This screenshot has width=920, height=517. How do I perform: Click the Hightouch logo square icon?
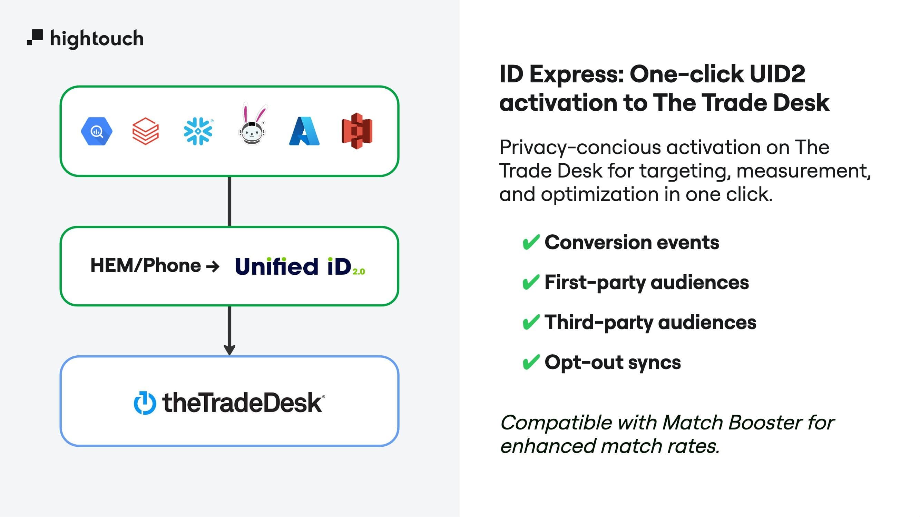35,37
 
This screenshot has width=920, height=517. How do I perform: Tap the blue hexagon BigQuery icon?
96,131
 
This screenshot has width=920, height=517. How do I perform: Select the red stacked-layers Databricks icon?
145,131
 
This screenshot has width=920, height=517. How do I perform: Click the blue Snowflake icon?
198,131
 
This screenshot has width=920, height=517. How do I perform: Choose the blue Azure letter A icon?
304,131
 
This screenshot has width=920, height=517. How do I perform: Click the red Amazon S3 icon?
357,131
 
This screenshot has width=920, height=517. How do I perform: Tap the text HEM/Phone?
145,265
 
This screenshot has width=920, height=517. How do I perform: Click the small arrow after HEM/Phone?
213,266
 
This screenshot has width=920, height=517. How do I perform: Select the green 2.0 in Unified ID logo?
359,272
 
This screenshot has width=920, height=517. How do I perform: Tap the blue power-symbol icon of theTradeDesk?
145,403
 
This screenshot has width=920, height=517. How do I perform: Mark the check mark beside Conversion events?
530,243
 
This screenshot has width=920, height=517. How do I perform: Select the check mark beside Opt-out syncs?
530,363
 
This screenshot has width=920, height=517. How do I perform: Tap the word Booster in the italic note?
764,423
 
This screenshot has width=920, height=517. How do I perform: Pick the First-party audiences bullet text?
646,283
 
